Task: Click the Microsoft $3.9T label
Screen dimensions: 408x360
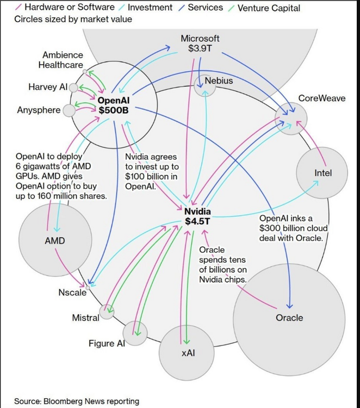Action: [200, 44]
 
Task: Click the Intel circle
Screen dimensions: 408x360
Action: [322, 173]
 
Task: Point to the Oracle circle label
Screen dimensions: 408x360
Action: [289, 318]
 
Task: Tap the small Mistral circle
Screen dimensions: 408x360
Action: [107, 312]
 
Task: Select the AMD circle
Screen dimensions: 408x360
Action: [54, 240]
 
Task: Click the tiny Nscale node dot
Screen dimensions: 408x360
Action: [87, 285]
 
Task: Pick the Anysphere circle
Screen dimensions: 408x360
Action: [69, 110]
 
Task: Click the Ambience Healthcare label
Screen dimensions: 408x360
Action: [63, 60]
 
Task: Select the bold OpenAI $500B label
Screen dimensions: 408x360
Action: [113, 104]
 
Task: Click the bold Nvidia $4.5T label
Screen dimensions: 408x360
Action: [197, 216]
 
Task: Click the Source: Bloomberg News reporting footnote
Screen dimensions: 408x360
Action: [77, 401]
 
